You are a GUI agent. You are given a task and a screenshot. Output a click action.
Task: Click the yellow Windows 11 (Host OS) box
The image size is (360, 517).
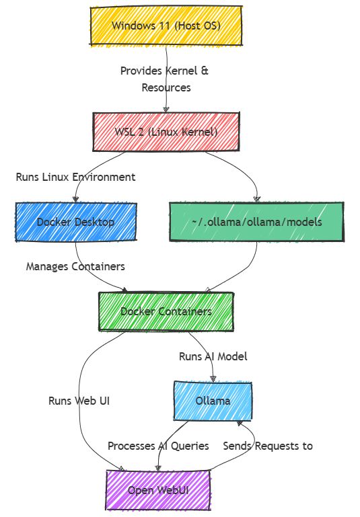coord(166,26)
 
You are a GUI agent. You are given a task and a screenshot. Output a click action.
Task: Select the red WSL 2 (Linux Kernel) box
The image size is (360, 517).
coord(166,132)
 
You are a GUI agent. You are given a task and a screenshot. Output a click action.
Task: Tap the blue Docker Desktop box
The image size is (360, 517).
coord(76,222)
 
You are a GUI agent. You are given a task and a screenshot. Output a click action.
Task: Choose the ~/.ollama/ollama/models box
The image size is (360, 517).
coord(257,222)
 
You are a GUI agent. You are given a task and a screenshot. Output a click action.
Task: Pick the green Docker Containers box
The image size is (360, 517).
coord(166,311)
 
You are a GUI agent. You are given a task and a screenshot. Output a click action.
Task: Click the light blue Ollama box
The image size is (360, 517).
coord(213,401)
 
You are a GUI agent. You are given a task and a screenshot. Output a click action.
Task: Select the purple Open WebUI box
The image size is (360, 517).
coord(158,490)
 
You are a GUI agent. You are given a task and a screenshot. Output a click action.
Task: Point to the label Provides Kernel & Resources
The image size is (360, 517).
coord(165,79)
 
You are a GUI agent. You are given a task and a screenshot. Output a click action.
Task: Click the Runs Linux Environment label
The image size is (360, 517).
coord(75,177)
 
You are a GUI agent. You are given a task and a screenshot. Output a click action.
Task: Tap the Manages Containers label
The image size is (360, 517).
coord(75,266)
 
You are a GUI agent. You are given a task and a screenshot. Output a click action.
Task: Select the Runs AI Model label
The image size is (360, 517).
coord(213,356)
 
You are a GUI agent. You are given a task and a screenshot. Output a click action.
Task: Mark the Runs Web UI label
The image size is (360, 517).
coord(79,401)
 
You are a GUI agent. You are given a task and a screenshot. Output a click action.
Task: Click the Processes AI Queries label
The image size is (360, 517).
coord(158,446)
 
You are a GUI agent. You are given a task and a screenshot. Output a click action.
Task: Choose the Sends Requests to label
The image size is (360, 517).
coord(268,446)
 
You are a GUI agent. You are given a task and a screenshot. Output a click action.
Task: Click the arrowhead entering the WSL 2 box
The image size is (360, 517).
coord(166,110)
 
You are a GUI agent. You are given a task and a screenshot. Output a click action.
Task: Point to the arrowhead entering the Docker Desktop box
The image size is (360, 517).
coord(75,199)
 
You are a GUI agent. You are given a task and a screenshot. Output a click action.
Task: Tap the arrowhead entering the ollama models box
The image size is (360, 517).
coord(257,199)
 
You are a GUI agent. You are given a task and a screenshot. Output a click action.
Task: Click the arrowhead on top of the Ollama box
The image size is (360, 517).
coord(213,379)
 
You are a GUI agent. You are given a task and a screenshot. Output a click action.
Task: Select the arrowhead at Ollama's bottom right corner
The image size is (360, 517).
coord(240,424)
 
